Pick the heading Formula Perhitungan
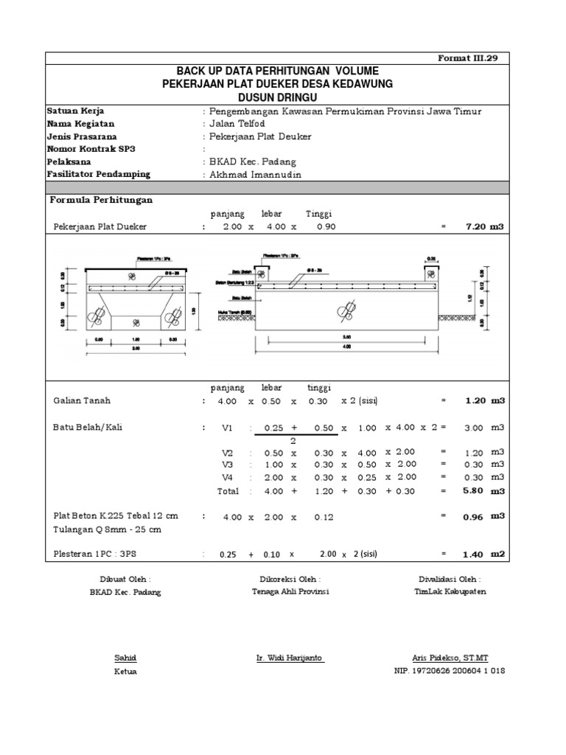click(x=102, y=200)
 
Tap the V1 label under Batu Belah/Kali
click(x=226, y=428)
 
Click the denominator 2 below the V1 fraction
click(x=293, y=440)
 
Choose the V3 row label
click(x=226, y=464)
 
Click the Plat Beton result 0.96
click(x=473, y=518)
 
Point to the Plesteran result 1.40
click(x=473, y=554)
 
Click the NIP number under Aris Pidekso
click(x=450, y=671)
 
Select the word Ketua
click(x=125, y=671)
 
